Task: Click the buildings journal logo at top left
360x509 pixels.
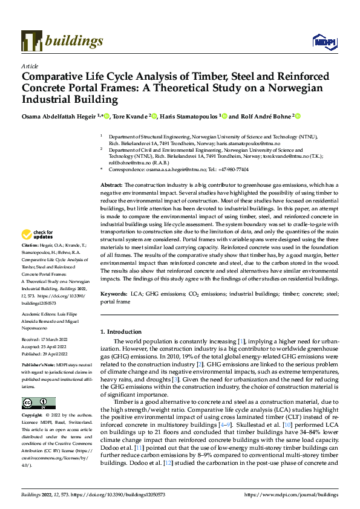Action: point(62,41)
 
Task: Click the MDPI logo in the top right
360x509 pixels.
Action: point(324,41)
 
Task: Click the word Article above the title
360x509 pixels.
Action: point(30,66)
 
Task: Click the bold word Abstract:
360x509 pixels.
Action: point(111,184)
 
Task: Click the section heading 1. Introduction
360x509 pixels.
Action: point(123,332)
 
